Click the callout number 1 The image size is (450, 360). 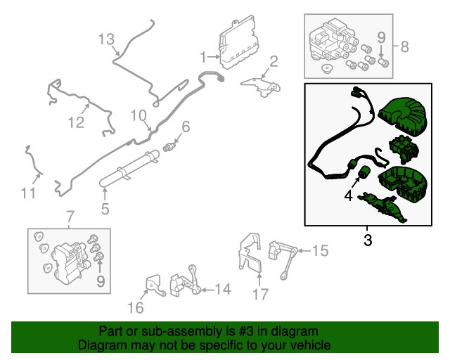click(204, 56)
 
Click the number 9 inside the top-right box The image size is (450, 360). click(382, 38)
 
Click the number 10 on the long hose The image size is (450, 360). click(136, 115)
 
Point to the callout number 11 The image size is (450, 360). click(27, 192)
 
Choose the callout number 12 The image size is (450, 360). click(76, 123)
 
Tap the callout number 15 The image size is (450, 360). click(320, 250)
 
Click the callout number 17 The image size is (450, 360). click(260, 295)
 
